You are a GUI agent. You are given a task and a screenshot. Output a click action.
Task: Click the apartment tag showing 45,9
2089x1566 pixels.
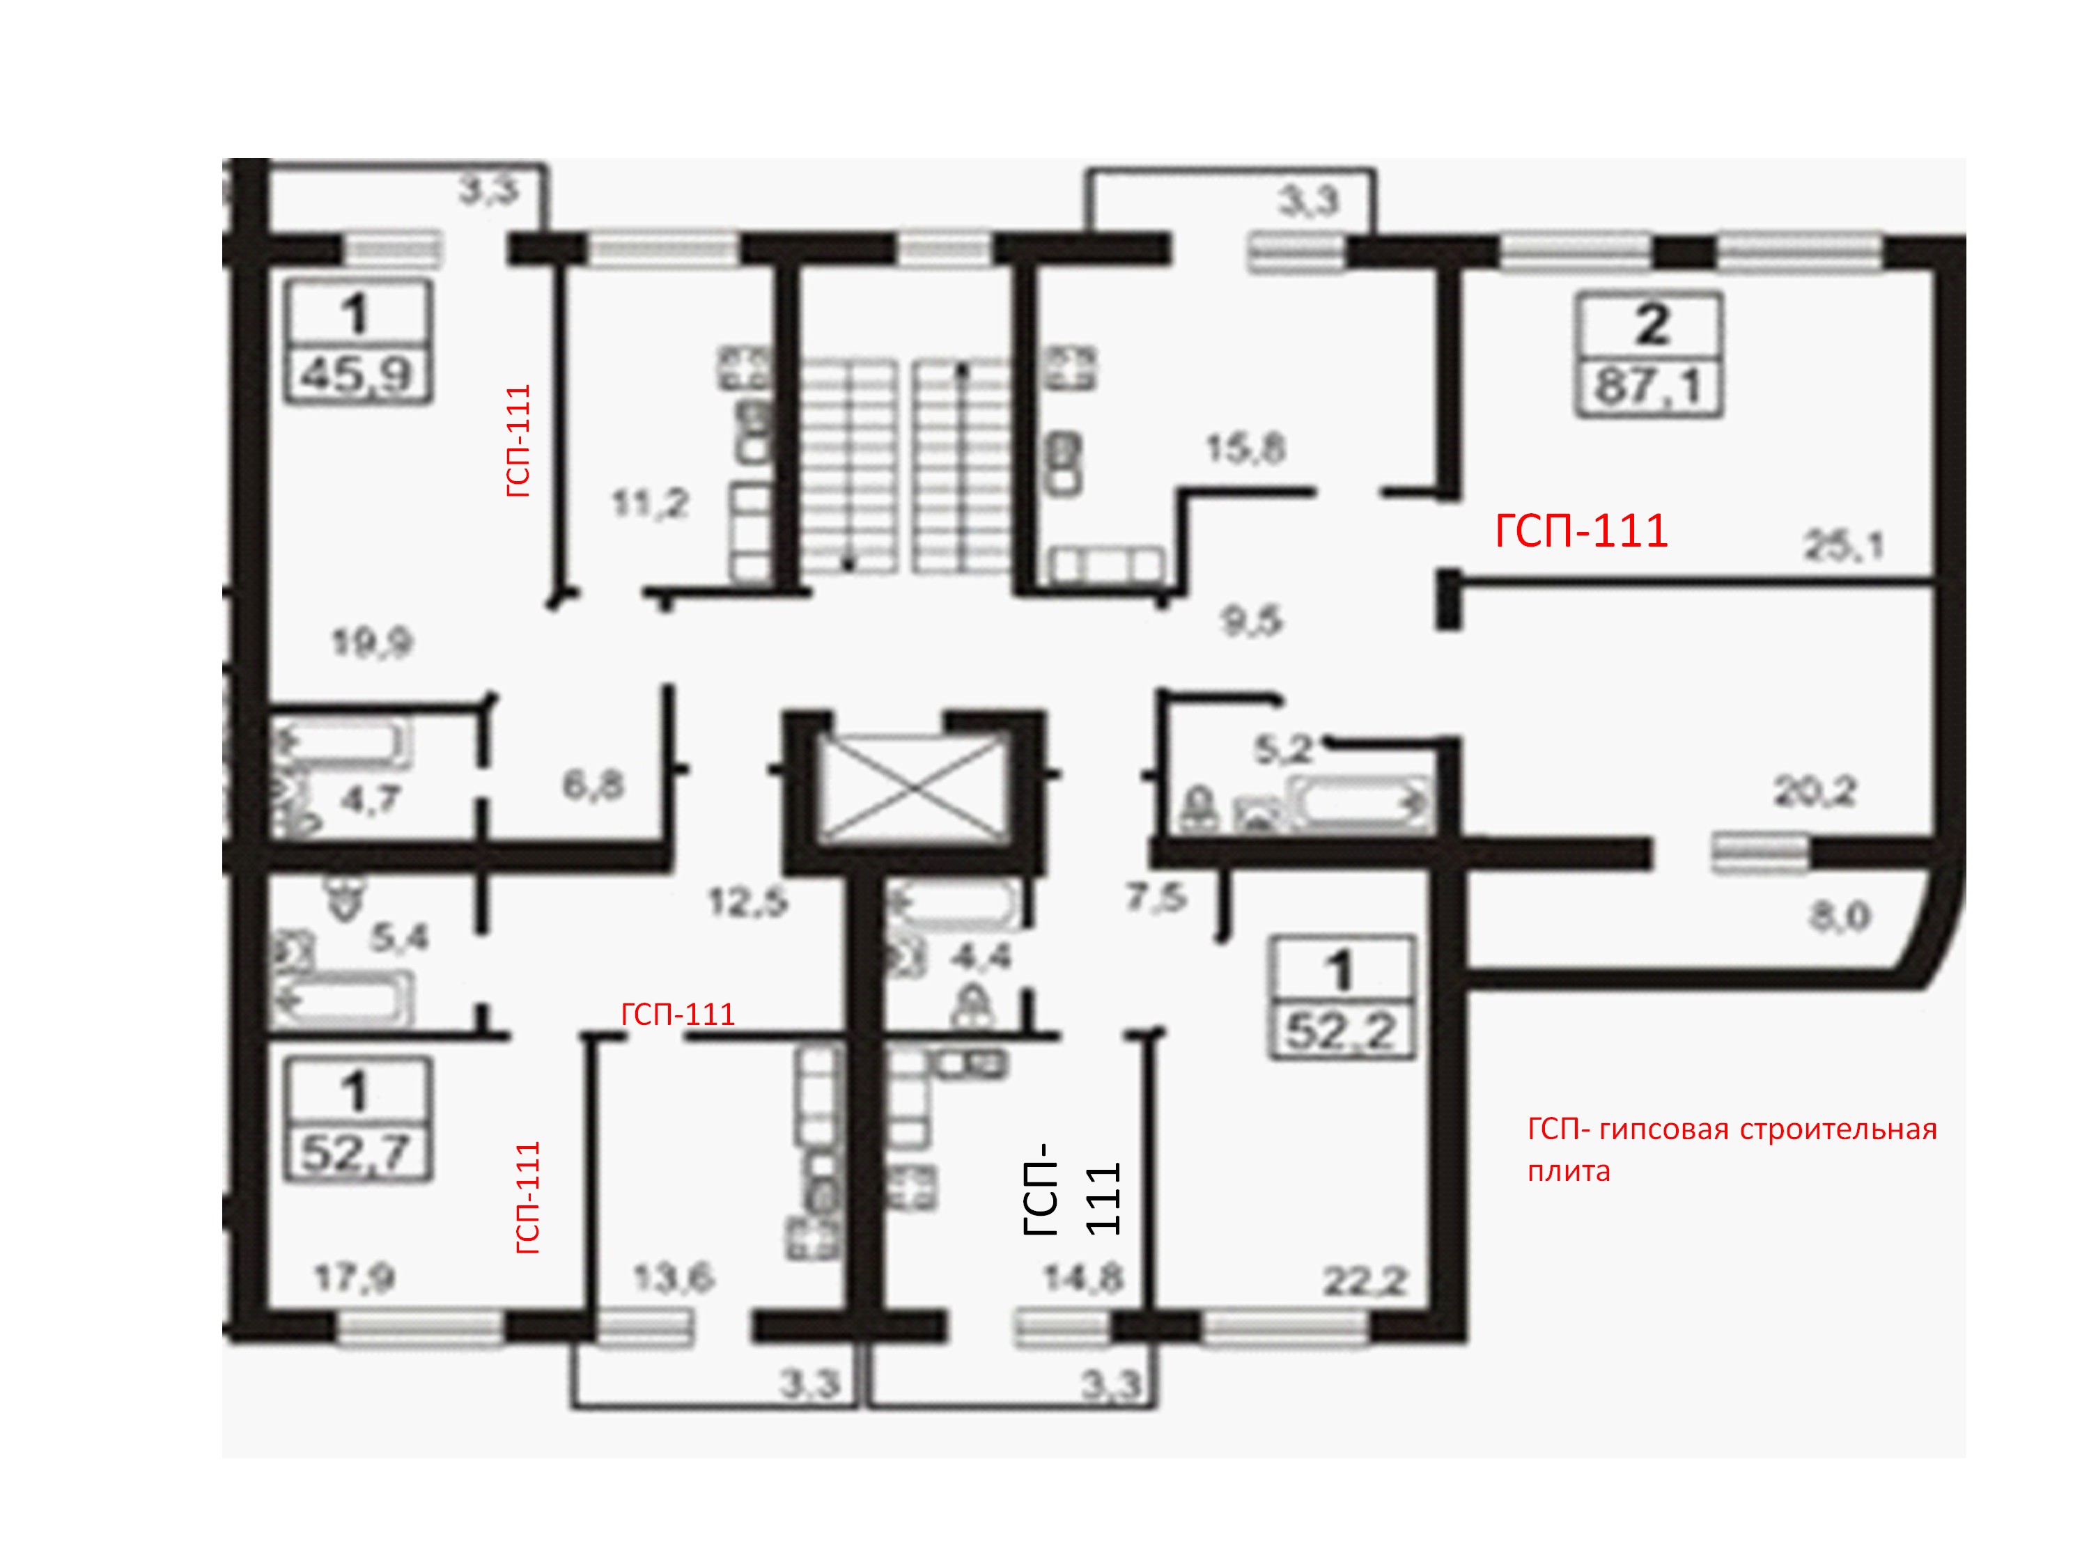point(359,342)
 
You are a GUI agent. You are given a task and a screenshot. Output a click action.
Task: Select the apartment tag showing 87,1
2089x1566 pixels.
point(1649,355)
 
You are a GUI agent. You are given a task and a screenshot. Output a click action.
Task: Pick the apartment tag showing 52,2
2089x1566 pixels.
point(1341,997)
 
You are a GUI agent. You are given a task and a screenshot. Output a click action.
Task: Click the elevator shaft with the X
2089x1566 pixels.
point(914,788)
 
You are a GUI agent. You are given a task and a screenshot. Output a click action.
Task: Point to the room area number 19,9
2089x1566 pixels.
point(372,644)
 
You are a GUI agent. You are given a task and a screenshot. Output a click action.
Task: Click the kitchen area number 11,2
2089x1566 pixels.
point(650,504)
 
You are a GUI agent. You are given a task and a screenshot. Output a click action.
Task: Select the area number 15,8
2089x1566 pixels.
point(1245,449)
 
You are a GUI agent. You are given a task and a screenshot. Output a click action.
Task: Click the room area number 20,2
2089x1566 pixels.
point(1815,792)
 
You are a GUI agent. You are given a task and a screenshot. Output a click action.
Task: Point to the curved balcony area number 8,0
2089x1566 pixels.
point(1840,916)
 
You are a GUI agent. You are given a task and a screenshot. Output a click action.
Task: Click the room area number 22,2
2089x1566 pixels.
point(1365,1282)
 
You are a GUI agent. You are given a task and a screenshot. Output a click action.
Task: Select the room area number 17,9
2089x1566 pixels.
point(354,1279)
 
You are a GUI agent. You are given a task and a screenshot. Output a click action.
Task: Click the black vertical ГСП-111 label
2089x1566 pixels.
point(1071,1189)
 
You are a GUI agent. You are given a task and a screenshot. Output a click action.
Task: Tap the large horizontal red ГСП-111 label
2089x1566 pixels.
point(1581,531)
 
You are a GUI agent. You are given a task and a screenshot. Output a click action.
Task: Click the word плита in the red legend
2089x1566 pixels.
point(1569,1171)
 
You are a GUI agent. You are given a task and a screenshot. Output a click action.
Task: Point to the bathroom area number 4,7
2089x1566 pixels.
point(371,801)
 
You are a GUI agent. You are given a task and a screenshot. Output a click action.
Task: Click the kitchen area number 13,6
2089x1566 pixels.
point(674,1279)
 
